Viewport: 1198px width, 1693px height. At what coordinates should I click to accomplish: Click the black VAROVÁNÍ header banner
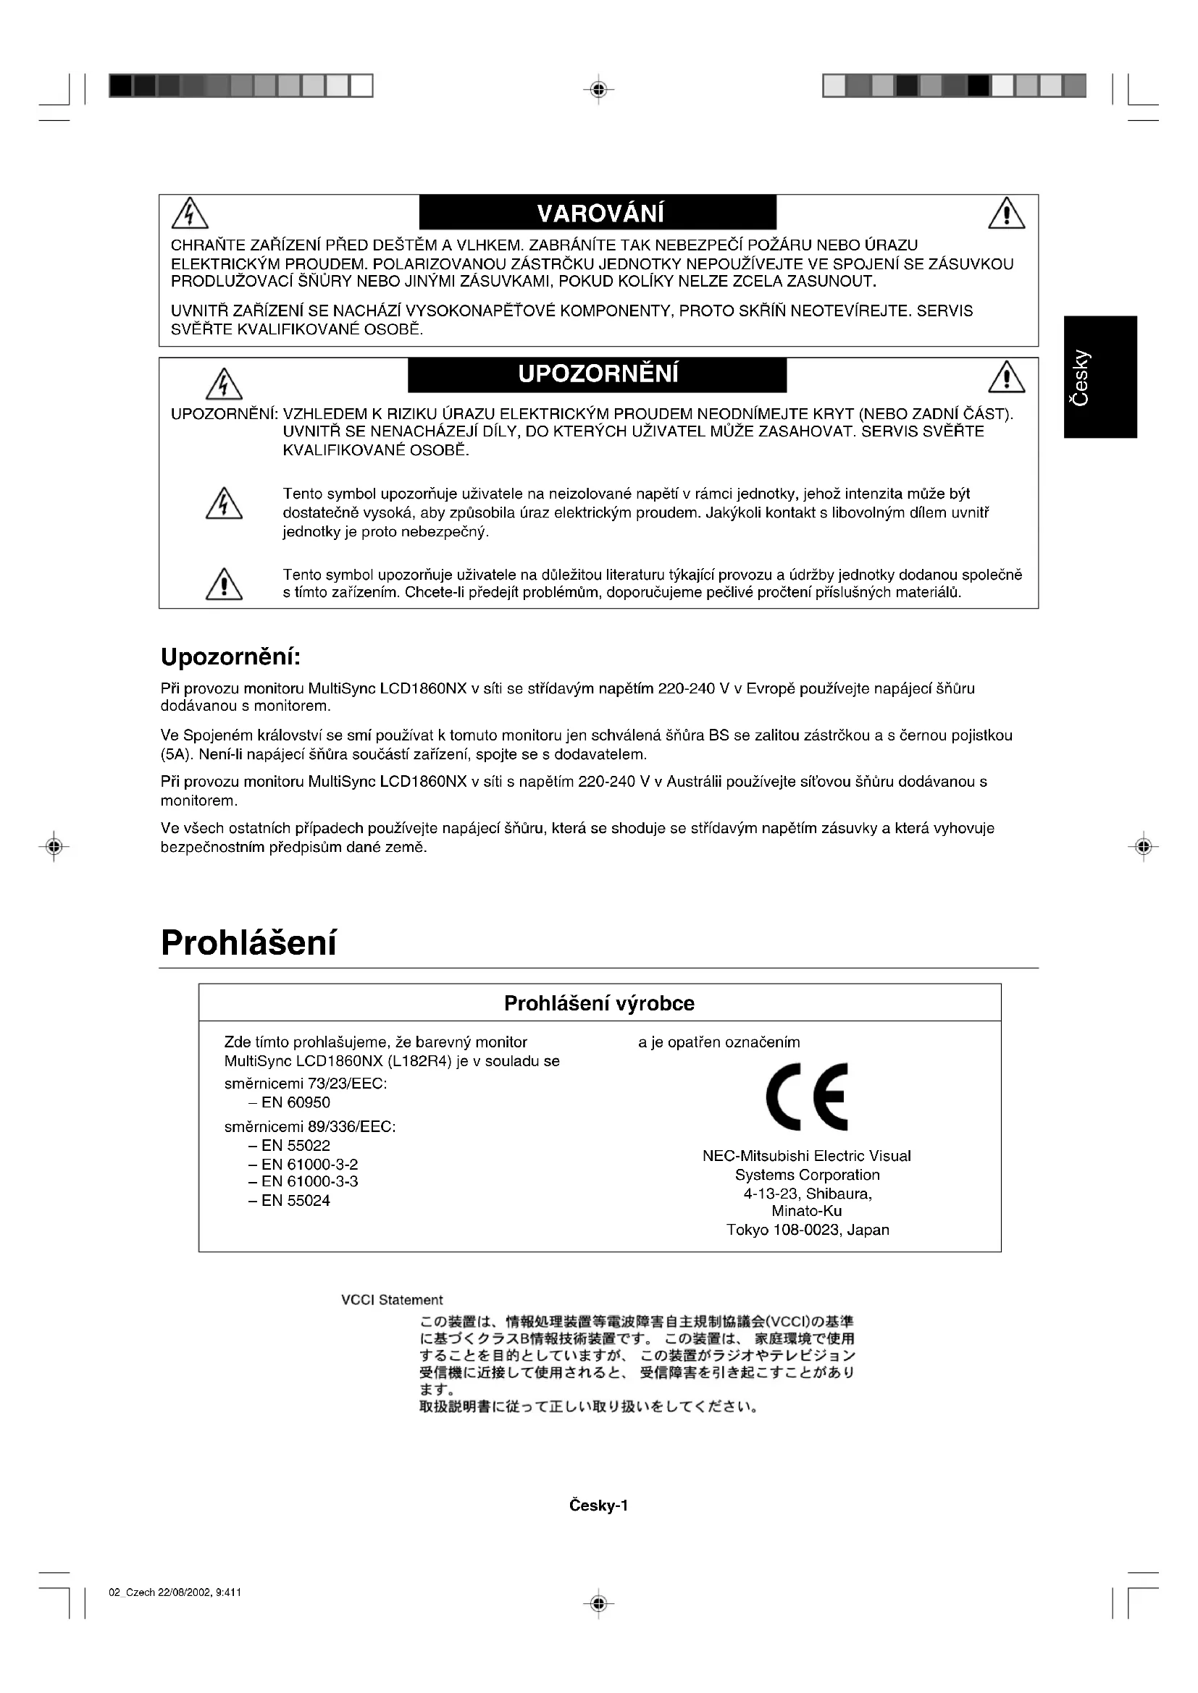click(598, 212)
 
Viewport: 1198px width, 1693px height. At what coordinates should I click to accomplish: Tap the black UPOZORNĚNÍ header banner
click(598, 375)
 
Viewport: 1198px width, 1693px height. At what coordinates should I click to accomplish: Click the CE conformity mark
click(806, 1097)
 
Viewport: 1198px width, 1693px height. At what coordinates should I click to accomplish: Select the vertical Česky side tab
click(1100, 377)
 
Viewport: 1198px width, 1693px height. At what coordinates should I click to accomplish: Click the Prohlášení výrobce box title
click(599, 1003)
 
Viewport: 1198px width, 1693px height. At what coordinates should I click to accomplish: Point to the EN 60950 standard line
click(295, 1102)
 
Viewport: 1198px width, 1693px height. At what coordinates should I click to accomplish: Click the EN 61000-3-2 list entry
click(309, 1165)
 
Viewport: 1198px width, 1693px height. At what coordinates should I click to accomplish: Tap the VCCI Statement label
click(392, 1299)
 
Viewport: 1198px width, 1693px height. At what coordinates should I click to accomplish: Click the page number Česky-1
click(598, 1506)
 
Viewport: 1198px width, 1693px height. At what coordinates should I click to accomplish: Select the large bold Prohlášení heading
click(248, 942)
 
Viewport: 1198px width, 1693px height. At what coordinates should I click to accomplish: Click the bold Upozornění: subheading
click(231, 656)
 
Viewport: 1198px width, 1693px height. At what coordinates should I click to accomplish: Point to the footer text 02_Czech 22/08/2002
click(175, 1592)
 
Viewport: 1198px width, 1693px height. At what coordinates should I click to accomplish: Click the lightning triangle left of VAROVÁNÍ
click(190, 214)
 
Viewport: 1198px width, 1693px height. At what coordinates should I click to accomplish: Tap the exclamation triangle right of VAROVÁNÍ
click(1006, 214)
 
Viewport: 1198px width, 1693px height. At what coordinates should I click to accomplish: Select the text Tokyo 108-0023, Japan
click(808, 1229)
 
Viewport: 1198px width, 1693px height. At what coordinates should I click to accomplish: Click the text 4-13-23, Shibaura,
click(808, 1194)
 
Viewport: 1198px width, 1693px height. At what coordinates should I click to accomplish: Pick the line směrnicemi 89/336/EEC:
click(310, 1127)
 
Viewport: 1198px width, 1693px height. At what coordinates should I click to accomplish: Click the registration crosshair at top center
click(598, 90)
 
